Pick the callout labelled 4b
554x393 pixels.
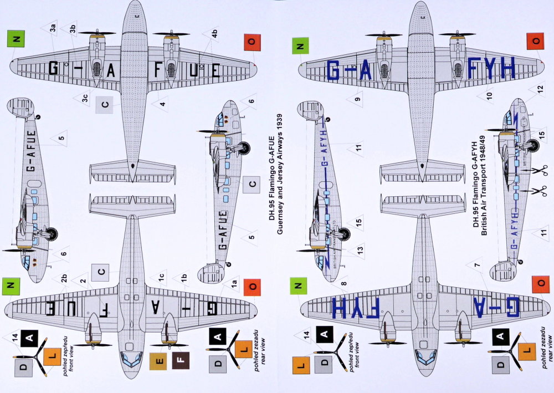213,33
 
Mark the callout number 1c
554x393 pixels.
160,275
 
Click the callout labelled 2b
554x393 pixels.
64,277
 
